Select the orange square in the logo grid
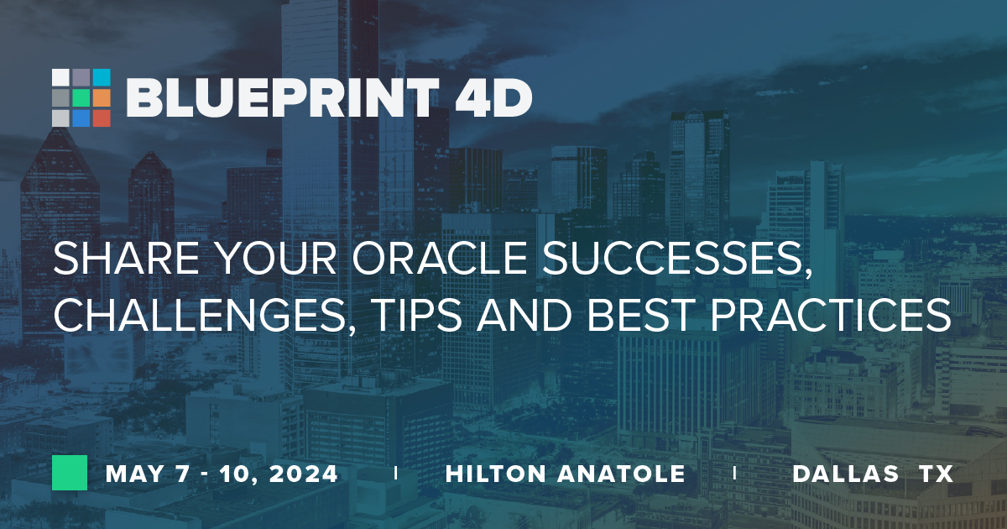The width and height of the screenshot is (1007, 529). tap(102, 97)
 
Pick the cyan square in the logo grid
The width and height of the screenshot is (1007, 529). tap(102, 77)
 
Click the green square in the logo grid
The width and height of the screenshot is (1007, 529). tap(81, 97)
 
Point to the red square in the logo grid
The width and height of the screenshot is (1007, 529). tap(102, 118)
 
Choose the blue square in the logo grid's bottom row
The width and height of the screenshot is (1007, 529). tap(81, 118)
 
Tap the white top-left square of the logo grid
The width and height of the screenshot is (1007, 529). tap(60, 77)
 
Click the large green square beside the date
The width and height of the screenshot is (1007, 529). tap(70, 473)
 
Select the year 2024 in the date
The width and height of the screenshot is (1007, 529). tap(303, 474)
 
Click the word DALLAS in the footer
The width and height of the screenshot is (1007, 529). tap(844, 474)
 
